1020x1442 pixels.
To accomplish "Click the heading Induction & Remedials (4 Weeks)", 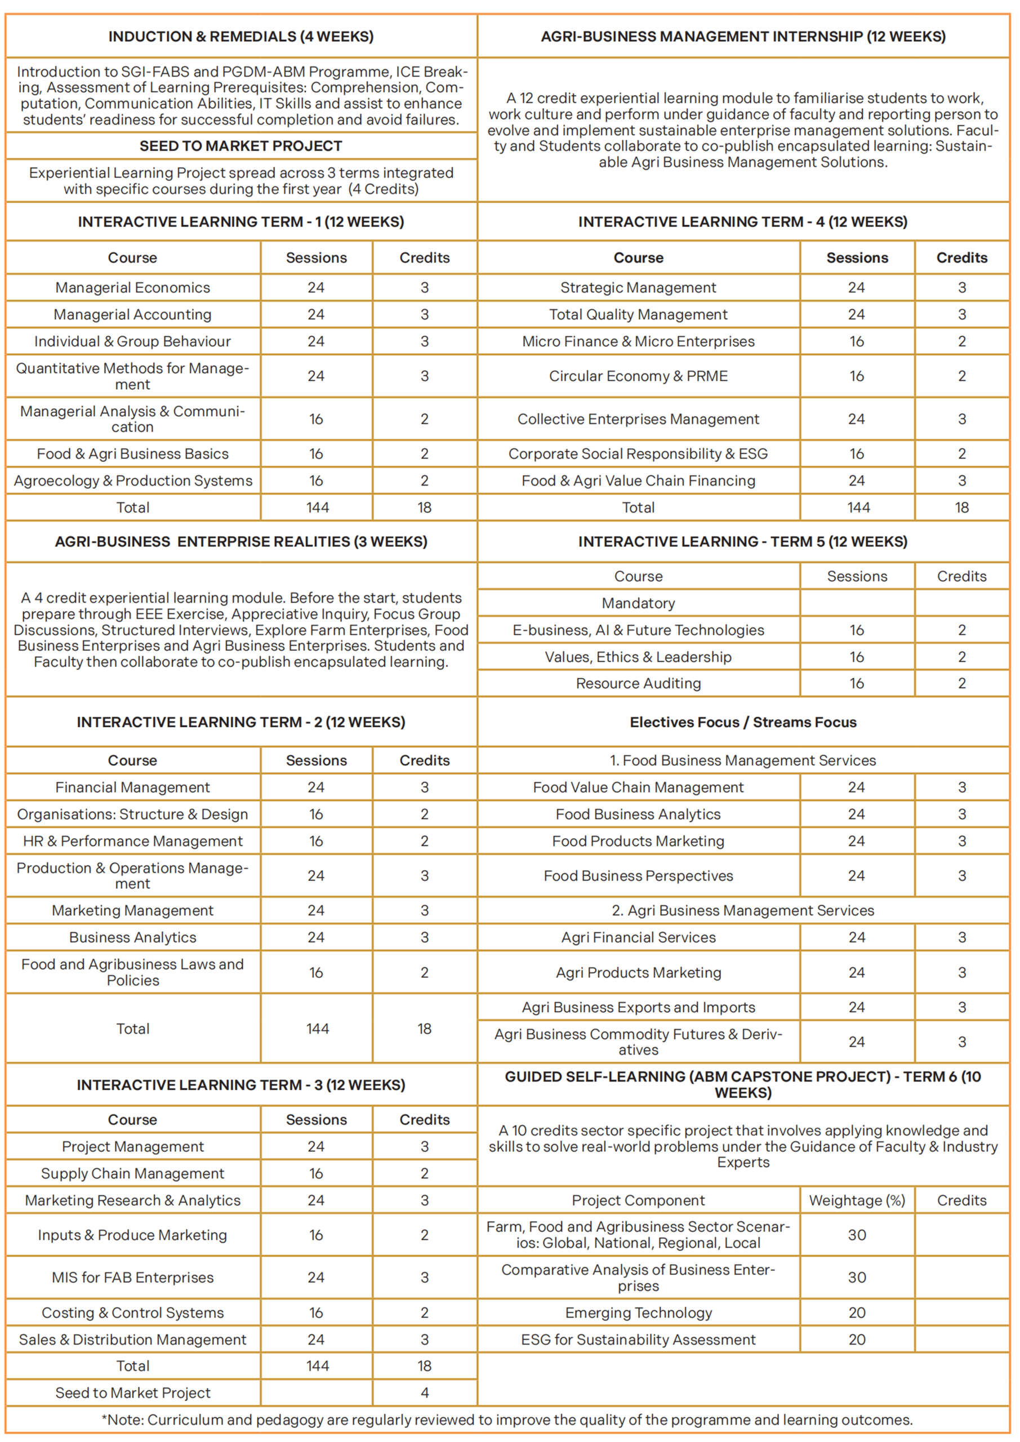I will click(240, 37).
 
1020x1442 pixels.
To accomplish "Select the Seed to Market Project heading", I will click(240, 146).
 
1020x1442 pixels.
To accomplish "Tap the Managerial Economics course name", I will click(132, 288).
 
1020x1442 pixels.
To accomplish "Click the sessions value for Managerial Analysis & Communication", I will click(316, 419).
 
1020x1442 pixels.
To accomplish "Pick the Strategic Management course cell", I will click(638, 288).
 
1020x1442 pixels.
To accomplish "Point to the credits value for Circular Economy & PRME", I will click(961, 376).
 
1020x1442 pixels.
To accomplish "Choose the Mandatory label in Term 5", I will click(638, 603).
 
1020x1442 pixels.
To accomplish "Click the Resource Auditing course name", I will click(638, 683).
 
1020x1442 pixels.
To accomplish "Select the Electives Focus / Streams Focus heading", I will click(743, 722).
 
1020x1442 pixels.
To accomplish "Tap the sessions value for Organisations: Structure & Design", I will click(316, 814).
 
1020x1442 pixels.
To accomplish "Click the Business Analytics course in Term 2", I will click(132, 937).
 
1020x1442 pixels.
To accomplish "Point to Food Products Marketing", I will click(638, 841).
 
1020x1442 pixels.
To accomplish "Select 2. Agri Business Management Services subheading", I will click(743, 910).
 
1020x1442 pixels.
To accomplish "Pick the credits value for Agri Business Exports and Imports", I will click(961, 1007).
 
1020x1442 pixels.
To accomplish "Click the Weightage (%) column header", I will click(857, 1200).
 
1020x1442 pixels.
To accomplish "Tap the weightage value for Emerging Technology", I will click(857, 1312).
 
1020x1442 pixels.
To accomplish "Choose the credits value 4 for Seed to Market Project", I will click(425, 1392).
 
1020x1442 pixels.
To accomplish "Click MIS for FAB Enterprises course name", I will click(132, 1278).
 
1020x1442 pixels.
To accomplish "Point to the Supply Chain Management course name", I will click(132, 1173).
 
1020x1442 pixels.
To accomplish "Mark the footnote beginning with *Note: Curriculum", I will click(507, 1419).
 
